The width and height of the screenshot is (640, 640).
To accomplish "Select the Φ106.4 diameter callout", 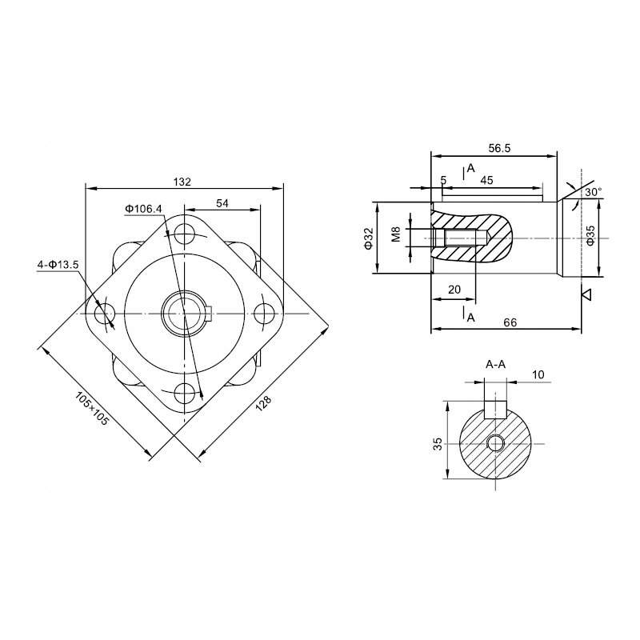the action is click(x=143, y=209).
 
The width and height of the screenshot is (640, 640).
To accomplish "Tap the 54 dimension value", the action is click(x=222, y=204).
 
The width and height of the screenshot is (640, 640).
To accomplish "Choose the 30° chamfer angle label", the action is click(x=593, y=193).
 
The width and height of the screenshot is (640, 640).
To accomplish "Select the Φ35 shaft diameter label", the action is click(x=591, y=237).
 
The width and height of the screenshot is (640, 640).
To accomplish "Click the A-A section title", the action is click(x=495, y=364).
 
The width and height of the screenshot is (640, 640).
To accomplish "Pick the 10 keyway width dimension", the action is click(x=538, y=374).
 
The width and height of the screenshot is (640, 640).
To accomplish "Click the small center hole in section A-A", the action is click(x=495, y=442).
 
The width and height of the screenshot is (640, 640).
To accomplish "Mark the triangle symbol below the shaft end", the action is click(x=586, y=295).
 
